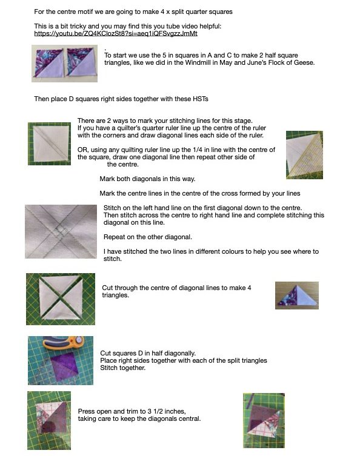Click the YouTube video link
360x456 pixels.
tap(116, 33)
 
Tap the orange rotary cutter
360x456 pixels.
tap(63, 343)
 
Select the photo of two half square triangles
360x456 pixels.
tap(64, 64)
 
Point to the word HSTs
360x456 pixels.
tap(201, 99)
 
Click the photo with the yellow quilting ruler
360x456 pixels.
tap(304, 154)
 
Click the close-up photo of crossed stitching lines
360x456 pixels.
tap(61, 231)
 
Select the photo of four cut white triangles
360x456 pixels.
tap(61, 299)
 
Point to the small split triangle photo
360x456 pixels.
tap(297, 296)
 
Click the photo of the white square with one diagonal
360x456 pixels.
tap(49, 144)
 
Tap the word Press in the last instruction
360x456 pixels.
tap(86, 412)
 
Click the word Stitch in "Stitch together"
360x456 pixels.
tap(108, 368)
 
